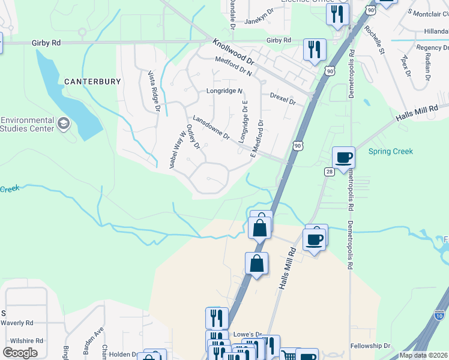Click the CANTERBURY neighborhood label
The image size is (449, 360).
point(93,81)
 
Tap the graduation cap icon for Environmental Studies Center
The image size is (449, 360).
point(64,124)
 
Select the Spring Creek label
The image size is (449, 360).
point(390,151)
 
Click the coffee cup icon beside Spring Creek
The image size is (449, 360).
point(343,158)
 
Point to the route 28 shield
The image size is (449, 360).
point(329,172)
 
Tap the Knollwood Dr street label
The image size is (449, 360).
point(234,52)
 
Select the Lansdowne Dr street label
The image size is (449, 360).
point(211,128)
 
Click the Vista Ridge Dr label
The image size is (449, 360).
point(154,91)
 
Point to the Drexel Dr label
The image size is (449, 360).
point(283,98)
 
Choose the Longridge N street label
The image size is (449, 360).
point(224,91)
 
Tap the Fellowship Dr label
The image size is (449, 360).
point(370,346)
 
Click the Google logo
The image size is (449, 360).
point(20,353)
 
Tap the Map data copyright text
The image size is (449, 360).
point(423,355)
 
